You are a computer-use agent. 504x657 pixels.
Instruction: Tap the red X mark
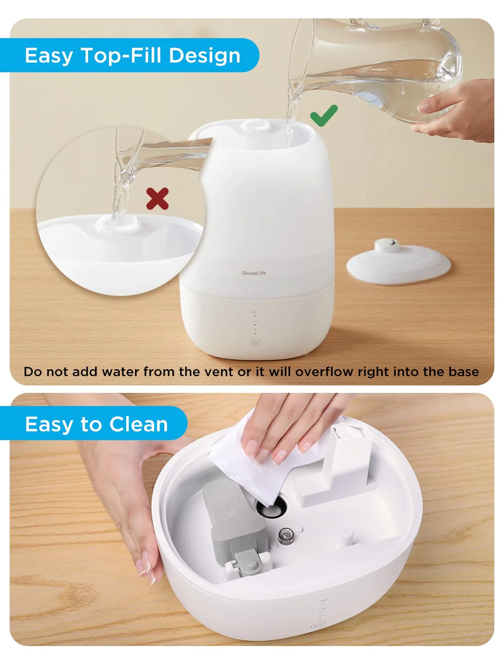157,199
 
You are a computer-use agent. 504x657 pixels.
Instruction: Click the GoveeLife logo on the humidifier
254,273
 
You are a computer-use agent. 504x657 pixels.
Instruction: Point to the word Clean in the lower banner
138,424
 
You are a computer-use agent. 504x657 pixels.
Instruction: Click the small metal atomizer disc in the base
286,535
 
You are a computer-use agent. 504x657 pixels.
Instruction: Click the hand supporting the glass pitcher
456,114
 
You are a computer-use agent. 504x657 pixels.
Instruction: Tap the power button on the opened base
316,626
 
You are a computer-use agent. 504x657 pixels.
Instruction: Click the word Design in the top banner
205,56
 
